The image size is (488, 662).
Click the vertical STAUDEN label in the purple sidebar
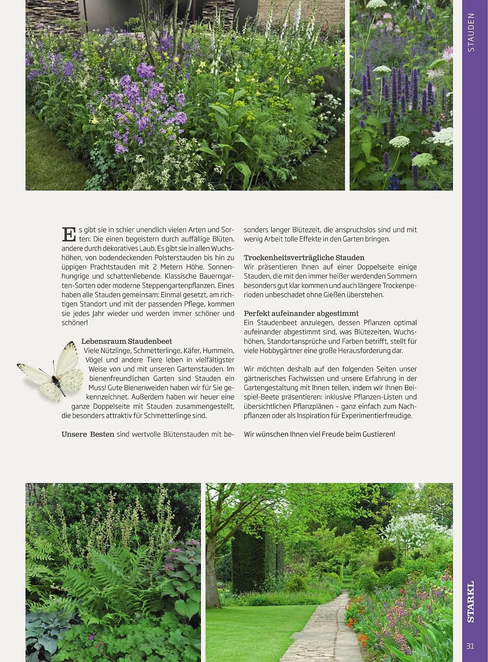click(471, 32)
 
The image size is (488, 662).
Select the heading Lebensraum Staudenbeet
click(126, 341)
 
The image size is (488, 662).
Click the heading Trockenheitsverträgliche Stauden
click(304, 258)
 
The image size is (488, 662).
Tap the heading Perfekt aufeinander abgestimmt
click(301, 313)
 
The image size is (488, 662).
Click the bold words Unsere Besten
click(88, 434)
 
